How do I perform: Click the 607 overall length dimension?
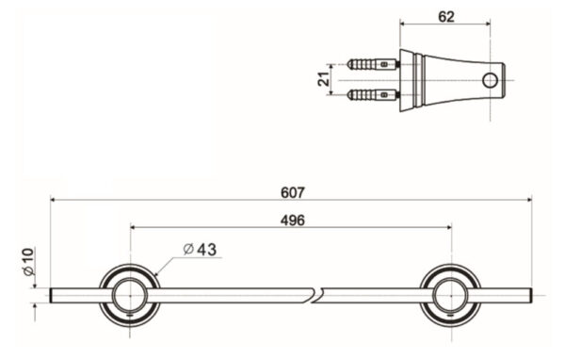click(292, 191)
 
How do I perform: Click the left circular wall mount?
click(129, 295)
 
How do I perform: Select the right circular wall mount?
click(450, 295)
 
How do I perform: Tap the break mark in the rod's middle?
click(315, 296)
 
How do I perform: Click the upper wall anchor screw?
click(371, 66)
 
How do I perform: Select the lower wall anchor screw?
click(371, 95)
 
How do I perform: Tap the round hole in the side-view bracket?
click(490, 81)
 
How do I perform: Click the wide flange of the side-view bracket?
click(404, 80)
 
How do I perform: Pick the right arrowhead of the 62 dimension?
click(491, 25)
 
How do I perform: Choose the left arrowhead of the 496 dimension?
click(134, 227)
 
